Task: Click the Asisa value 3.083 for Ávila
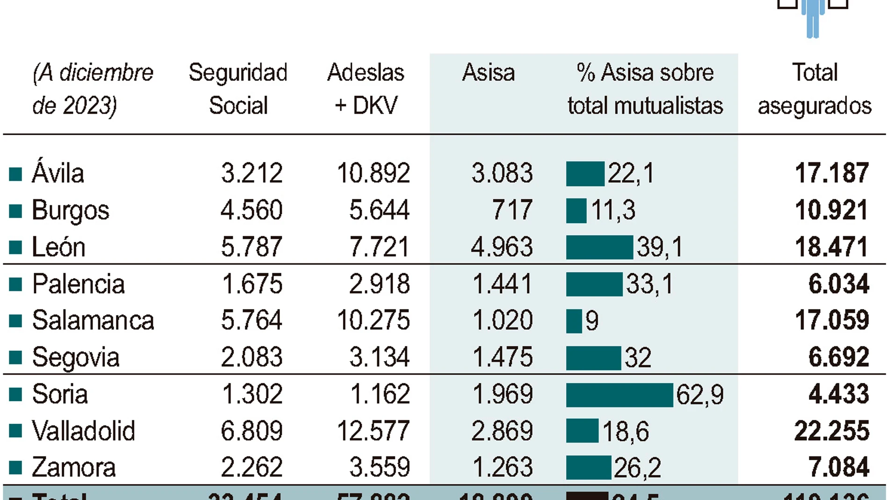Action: click(502, 173)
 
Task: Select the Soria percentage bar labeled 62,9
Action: click(619, 395)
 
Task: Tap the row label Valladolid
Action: click(83, 431)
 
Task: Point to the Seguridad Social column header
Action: click(238, 89)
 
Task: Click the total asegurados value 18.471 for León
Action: click(831, 247)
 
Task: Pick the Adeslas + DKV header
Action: click(365, 89)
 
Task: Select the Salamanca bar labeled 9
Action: click(574, 321)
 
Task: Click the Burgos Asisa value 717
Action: click(512, 210)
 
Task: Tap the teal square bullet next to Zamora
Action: click(15, 467)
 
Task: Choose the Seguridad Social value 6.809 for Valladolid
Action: click(251, 431)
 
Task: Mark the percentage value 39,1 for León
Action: click(659, 247)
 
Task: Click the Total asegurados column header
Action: click(814, 89)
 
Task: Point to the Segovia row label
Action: click(75, 358)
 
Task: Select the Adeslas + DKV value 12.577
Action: click(373, 431)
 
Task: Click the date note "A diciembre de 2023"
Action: click(92, 89)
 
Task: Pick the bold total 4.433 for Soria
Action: click(838, 394)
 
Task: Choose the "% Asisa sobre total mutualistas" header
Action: click(645, 89)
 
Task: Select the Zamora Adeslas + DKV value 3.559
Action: click(379, 467)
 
